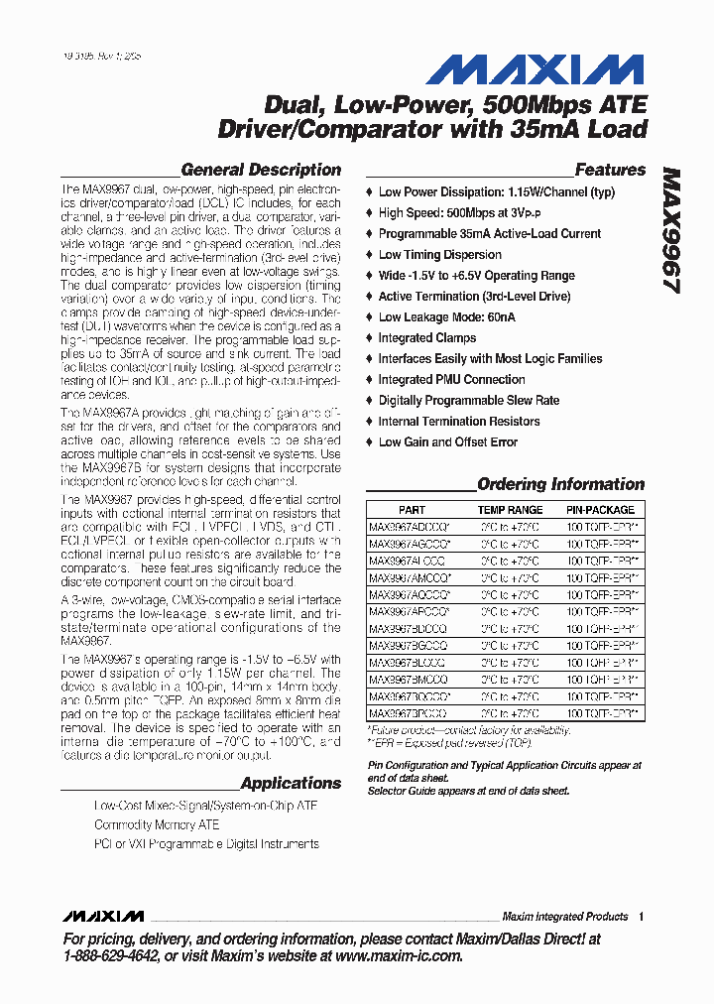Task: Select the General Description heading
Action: click(260, 170)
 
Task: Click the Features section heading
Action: click(610, 170)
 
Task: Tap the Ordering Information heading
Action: click(560, 485)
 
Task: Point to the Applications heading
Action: click(290, 783)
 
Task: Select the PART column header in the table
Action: click(412, 509)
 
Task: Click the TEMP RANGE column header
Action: click(510, 509)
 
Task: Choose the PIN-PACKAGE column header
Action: click(600, 509)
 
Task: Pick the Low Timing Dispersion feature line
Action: click(439, 255)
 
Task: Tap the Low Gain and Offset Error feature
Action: click(447, 442)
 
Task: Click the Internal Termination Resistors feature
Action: click(459, 422)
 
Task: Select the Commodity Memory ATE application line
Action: click(157, 825)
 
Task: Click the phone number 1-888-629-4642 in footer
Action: click(110, 956)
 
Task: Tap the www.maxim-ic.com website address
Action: click(399, 956)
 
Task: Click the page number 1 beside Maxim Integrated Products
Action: click(642, 917)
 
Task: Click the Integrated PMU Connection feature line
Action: click(451, 380)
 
